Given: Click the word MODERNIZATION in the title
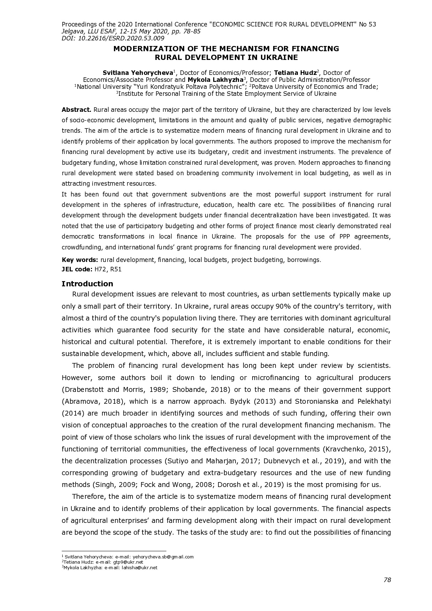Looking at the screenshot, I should tap(142, 49).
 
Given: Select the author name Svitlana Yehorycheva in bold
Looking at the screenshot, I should tap(138, 73).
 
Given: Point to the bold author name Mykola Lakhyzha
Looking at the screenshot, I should tap(215, 80).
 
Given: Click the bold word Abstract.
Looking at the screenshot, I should tap(76, 110).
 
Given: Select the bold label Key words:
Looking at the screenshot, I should tap(80, 260).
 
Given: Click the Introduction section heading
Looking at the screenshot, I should tap(87, 284).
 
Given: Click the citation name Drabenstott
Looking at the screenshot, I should tap(83, 389).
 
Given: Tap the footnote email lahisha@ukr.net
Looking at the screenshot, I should tap(139, 567).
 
